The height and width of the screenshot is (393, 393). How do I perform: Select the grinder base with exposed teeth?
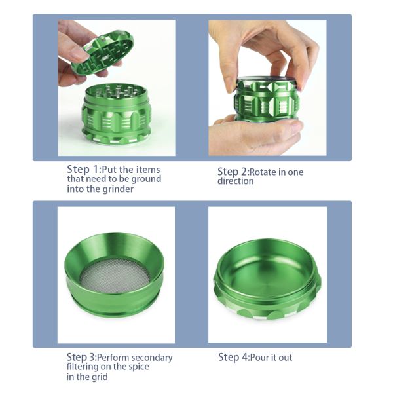coord(117,115)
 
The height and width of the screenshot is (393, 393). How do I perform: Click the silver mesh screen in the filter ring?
coord(115,276)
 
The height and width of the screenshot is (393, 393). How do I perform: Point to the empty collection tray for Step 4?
coord(267,280)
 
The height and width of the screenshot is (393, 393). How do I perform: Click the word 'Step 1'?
coord(83,170)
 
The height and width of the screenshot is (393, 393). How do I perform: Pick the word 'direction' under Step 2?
coord(236,181)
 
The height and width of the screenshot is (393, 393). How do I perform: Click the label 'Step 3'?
coord(81,357)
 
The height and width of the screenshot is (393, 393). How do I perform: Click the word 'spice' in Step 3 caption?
coord(139,367)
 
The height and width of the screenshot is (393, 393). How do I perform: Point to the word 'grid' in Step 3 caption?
coord(99,377)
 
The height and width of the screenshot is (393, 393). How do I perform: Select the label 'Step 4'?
coord(233,357)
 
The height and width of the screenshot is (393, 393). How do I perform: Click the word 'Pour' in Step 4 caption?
coord(259,358)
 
